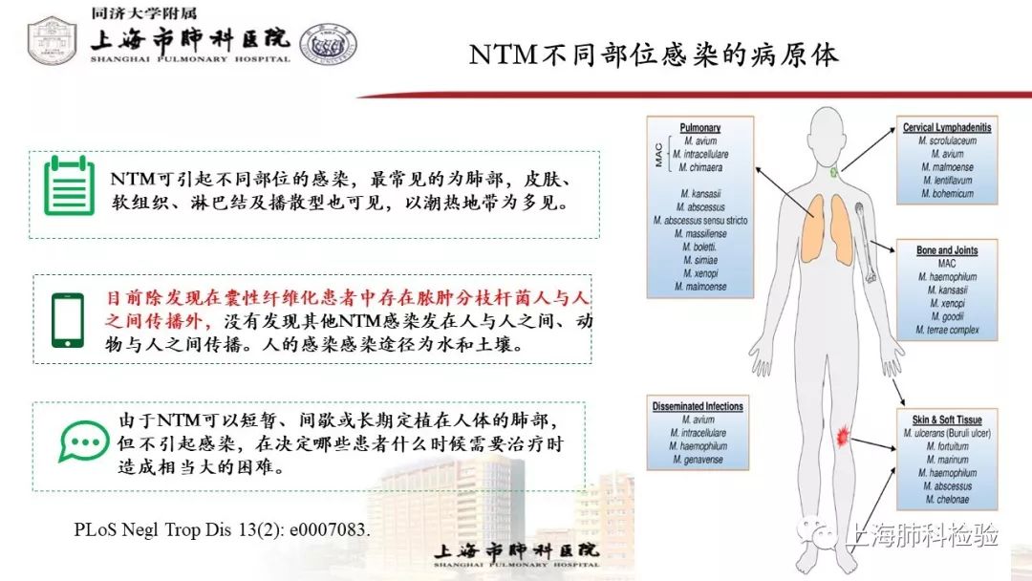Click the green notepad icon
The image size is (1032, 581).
(70, 184)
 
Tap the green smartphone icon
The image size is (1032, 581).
(66, 319)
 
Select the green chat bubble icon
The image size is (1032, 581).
(84, 441)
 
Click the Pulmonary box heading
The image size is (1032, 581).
(700, 127)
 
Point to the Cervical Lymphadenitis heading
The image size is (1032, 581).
(947, 127)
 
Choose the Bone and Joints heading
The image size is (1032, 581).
(947, 250)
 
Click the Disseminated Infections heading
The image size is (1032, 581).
(698, 406)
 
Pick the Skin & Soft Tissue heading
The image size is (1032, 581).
(947, 420)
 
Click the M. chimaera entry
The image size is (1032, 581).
(700, 167)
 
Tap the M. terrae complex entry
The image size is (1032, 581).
(947, 330)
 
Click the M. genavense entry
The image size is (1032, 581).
(698, 460)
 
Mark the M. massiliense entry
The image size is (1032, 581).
(700, 233)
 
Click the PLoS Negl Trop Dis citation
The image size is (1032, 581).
(222, 527)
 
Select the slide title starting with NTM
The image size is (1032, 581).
(654, 54)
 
